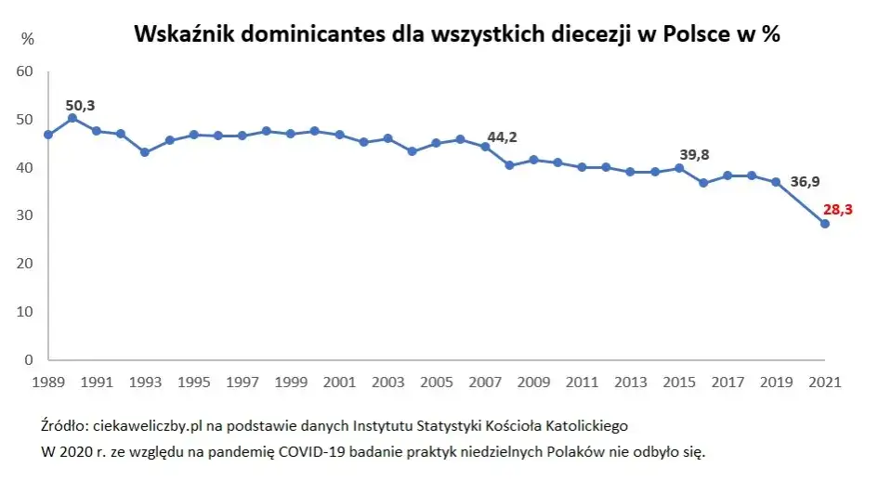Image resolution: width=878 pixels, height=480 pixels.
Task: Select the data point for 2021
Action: pyautogui.click(x=824, y=223)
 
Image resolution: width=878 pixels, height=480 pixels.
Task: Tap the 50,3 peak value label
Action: pyautogui.click(x=80, y=106)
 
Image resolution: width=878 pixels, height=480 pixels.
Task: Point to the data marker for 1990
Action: pyautogui.click(x=72, y=118)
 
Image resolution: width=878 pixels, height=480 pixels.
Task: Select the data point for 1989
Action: pyautogui.click(x=48, y=135)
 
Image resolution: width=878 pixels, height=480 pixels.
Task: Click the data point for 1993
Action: pyautogui.click(x=145, y=152)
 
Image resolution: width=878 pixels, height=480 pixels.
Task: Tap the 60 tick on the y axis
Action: pyautogui.click(x=25, y=71)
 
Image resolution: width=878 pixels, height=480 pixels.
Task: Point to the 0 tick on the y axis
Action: pyautogui.click(x=29, y=359)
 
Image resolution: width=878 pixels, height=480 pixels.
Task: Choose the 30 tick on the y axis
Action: pyautogui.click(x=25, y=215)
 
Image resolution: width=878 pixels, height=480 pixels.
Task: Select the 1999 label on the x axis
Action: pyautogui.click(x=291, y=382)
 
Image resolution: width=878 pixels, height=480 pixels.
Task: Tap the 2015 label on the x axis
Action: pyautogui.click(x=679, y=382)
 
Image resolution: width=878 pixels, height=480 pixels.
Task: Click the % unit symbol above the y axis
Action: pyautogui.click(x=28, y=39)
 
